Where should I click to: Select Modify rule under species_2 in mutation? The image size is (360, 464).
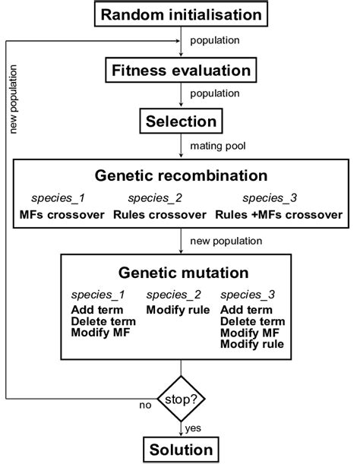(179, 310)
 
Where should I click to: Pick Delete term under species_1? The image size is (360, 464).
(100, 321)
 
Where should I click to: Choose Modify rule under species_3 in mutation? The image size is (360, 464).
(252, 344)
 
